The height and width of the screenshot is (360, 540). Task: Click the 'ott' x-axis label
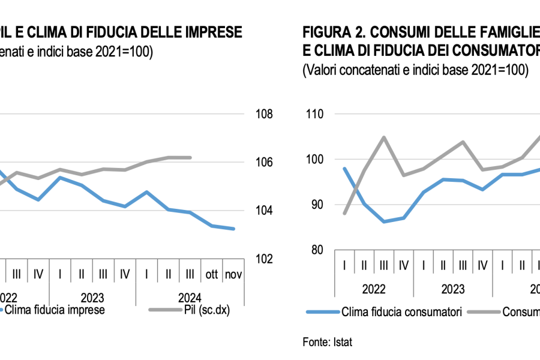click(212, 274)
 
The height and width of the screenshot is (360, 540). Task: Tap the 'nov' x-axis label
click(233, 274)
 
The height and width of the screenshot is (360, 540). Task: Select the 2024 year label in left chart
click(190, 297)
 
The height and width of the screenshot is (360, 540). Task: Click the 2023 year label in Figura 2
click(453, 289)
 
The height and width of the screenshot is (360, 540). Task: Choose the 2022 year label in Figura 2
click(374, 289)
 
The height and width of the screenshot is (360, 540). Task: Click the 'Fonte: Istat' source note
click(327, 342)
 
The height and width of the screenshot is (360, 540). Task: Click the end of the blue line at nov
click(234, 229)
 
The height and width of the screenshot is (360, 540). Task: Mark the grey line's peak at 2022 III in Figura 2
click(384, 137)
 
